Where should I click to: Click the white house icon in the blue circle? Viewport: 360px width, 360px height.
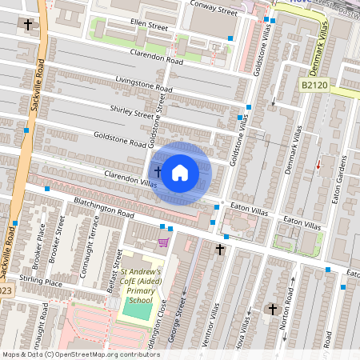(180, 172)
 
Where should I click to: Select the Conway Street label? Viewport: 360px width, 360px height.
(214, 11)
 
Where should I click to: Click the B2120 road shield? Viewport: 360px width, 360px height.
(316, 84)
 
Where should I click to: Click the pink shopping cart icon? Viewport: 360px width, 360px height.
(163, 242)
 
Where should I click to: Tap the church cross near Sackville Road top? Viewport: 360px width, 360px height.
(29, 25)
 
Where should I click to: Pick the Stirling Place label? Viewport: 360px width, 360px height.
(42, 282)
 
